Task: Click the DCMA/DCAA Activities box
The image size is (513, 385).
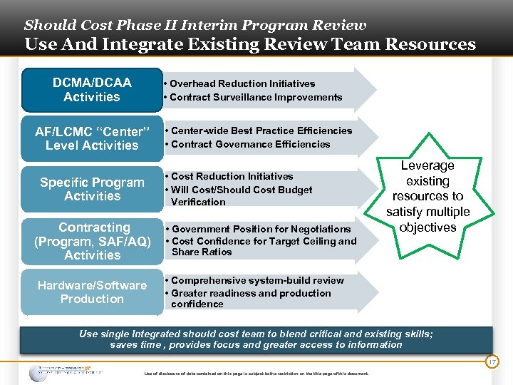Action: point(91,90)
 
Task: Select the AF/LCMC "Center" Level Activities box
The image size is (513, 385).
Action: point(92,138)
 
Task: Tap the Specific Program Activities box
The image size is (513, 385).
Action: point(92,189)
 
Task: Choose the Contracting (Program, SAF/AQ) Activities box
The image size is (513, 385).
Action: point(92,241)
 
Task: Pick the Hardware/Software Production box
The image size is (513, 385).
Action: point(92,292)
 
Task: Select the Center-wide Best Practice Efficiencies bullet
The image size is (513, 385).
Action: point(261,130)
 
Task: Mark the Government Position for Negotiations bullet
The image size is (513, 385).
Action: point(261,229)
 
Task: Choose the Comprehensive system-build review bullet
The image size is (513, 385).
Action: point(256,280)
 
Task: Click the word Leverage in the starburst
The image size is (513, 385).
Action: point(427,165)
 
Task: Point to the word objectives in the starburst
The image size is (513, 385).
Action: point(427,227)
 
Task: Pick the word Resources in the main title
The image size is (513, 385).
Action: point(430,44)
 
